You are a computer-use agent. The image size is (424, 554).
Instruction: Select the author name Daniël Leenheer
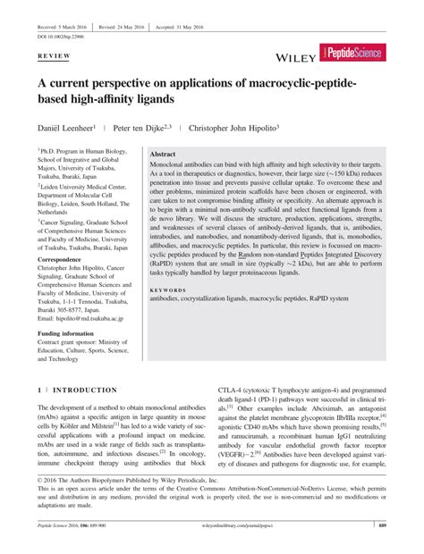pyautogui.click(x=70, y=128)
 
